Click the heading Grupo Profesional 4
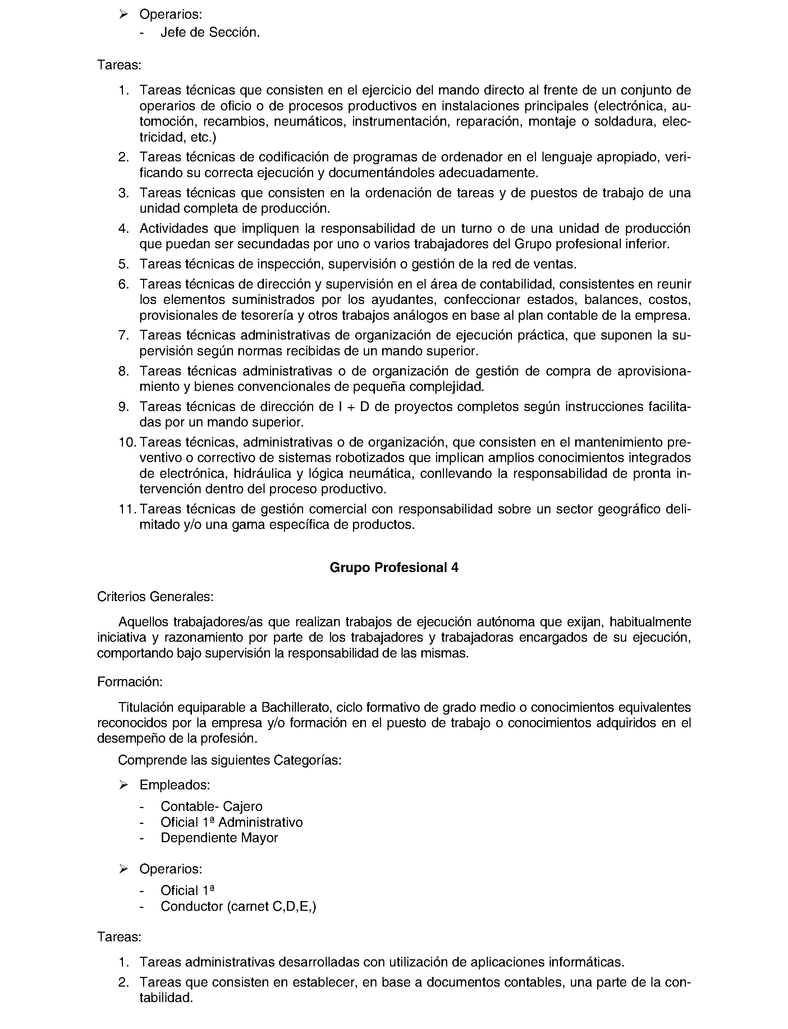click(394, 568)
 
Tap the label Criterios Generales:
click(155, 597)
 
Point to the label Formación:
click(130, 682)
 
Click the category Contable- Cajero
click(211, 806)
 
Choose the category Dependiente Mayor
click(219, 838)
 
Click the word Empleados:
click(174, 785)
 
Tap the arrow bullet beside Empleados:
click(123, 785)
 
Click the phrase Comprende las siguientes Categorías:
click(229, 760)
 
